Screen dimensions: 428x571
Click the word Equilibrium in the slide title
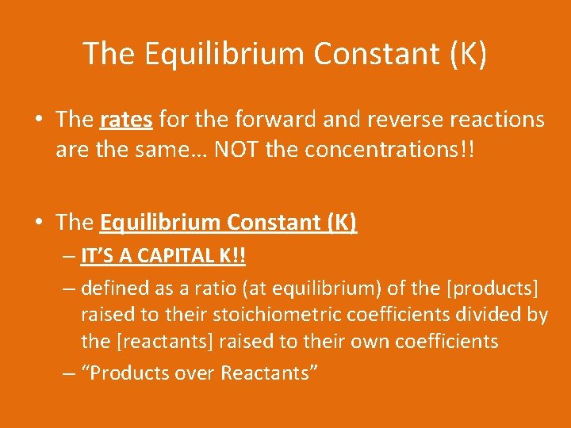pos(224,54)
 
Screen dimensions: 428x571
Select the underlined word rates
pos(127,120)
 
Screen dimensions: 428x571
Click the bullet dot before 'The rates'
pos(38,120)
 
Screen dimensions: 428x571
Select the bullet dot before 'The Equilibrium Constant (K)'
pos(38,223)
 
